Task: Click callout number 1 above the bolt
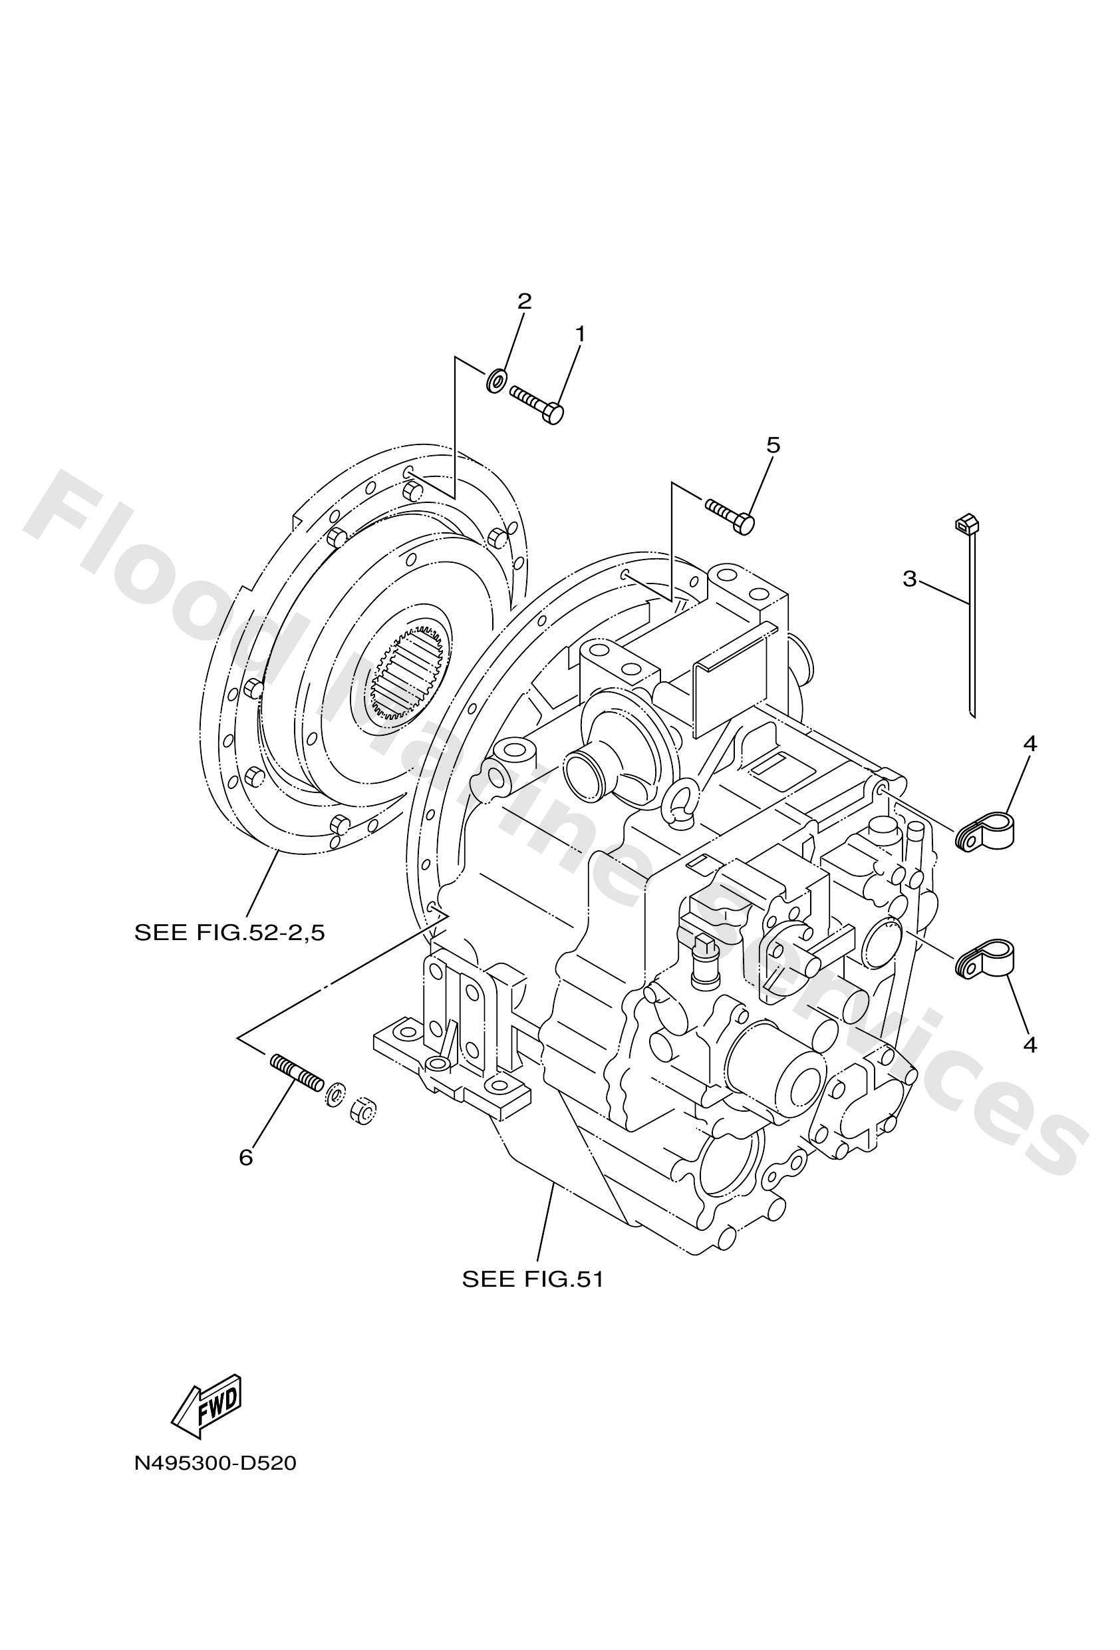tap(580, 334)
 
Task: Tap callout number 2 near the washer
tap(524, 301)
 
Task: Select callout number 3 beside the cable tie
tap(910, 579)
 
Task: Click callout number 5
tap(773, 445)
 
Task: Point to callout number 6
tap(245, 1158)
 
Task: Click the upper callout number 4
tap(1030, 744)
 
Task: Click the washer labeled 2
tap(496, 380)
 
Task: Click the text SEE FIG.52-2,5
tap(229, 932)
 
